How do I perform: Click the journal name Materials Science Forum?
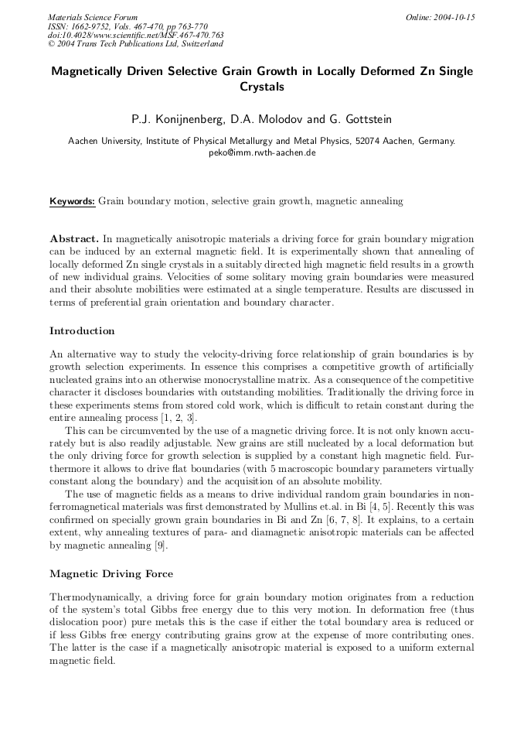coord(93,16)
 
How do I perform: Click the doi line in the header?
coord(135,35)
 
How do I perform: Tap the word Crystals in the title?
coord(262,87)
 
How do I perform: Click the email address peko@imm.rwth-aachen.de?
coord(262,152)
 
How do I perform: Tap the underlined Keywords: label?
coord(72,201)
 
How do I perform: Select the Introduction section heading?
coord(82,330)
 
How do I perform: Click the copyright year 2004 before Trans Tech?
coord(68,44)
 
